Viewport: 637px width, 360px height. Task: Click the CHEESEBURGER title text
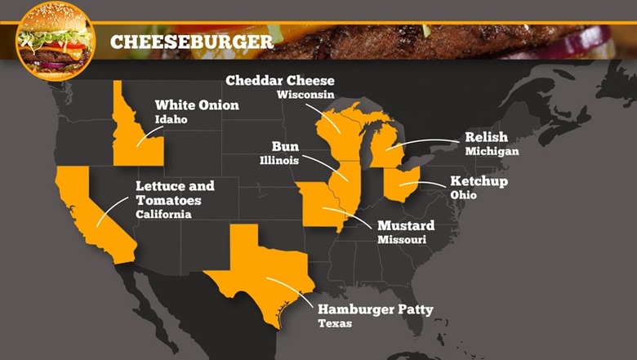(x=191, y=42)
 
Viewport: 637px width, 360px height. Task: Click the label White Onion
(x=197, y=105)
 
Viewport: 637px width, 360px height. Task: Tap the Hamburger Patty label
(x=375, y=309)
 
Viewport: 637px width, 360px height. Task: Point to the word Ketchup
(x=479, y=181)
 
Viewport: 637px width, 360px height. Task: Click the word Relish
(x=486, y=137)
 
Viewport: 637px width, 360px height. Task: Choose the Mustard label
(x=405, y=225)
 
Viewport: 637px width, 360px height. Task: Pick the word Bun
(x=285, y=147)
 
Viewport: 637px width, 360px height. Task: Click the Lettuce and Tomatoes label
(x=169, y=193)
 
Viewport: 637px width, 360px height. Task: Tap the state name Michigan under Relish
(x=492, y=152)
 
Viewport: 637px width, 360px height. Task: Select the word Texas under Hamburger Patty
(x=335, y=324)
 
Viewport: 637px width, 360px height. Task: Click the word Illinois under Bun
(x=279, y=161)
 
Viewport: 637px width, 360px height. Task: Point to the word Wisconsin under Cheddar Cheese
(x=305, y=95)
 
